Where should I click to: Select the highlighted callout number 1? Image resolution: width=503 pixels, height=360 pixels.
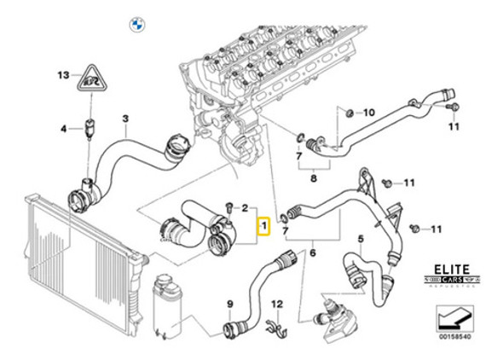tap(264, 227)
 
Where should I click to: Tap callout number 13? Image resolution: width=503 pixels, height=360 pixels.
tap(62, 75)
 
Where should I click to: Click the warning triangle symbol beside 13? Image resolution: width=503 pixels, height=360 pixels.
tap(91, 79)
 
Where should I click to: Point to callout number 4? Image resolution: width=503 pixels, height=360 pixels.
tap(62, 129)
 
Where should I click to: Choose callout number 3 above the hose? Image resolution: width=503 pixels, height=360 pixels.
tap(125, 119)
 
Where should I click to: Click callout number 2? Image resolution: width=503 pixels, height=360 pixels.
tap(245, 207)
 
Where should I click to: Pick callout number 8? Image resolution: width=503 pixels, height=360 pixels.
tap(313, 178)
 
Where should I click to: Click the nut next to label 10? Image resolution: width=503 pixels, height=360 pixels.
tap(350, 111)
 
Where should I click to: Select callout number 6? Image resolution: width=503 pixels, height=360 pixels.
tap(313, 253)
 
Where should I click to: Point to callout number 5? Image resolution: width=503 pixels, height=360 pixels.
tap(361, 240)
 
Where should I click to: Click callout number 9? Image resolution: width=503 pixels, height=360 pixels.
tap(228, 304)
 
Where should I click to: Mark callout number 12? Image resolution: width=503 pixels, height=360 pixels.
tap(275, 304)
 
